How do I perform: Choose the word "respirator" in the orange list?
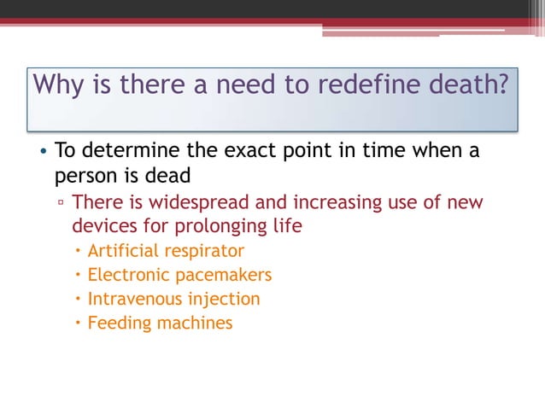click(x=205, y=252)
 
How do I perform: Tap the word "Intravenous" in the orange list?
click(x=134, y=300)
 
